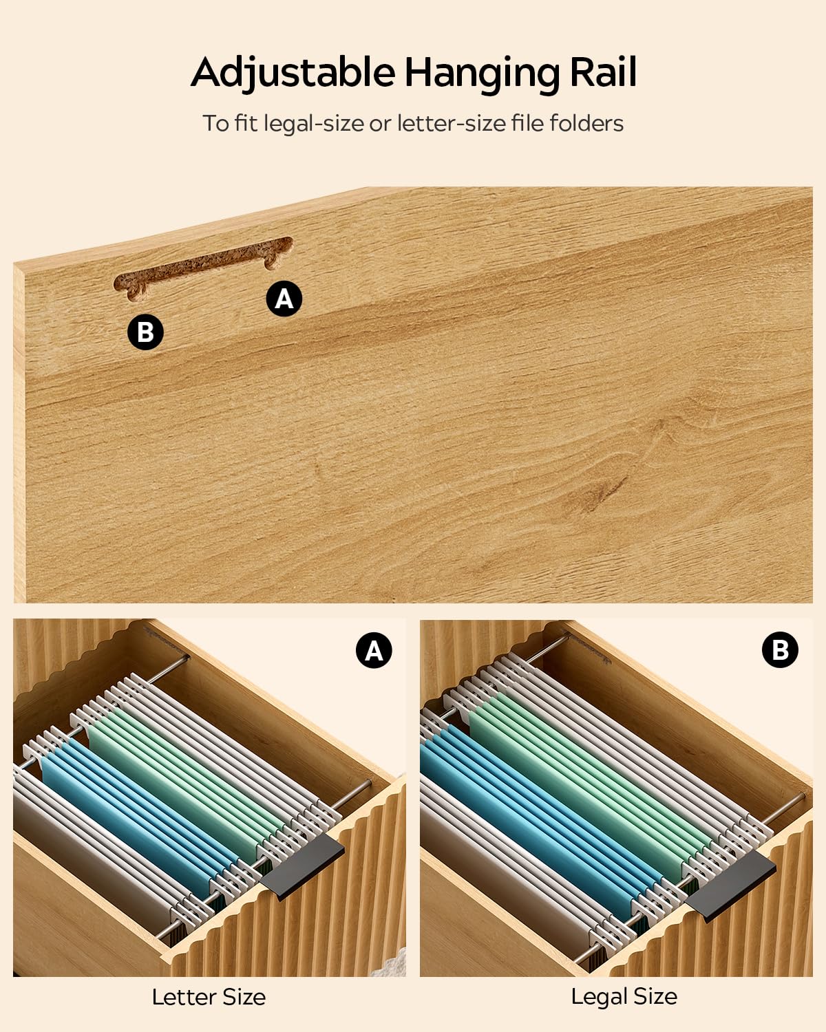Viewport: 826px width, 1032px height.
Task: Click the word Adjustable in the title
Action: tap(293, 73)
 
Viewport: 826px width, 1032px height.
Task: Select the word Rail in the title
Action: tap(603, 72)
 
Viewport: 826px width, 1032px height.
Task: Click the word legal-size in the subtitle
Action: tap(314, 124)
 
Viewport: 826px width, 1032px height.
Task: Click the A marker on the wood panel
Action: tap(284, 299)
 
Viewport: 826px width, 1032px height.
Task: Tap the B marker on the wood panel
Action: tap(145, 332)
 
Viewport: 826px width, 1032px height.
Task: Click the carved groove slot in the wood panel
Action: tap(203, 268)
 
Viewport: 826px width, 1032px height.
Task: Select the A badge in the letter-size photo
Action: tap(374, 651)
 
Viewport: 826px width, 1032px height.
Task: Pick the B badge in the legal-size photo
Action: tap(780, 650)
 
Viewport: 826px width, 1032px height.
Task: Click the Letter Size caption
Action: tap(209, 997)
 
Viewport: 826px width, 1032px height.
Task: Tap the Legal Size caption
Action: tap(624, 996)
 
